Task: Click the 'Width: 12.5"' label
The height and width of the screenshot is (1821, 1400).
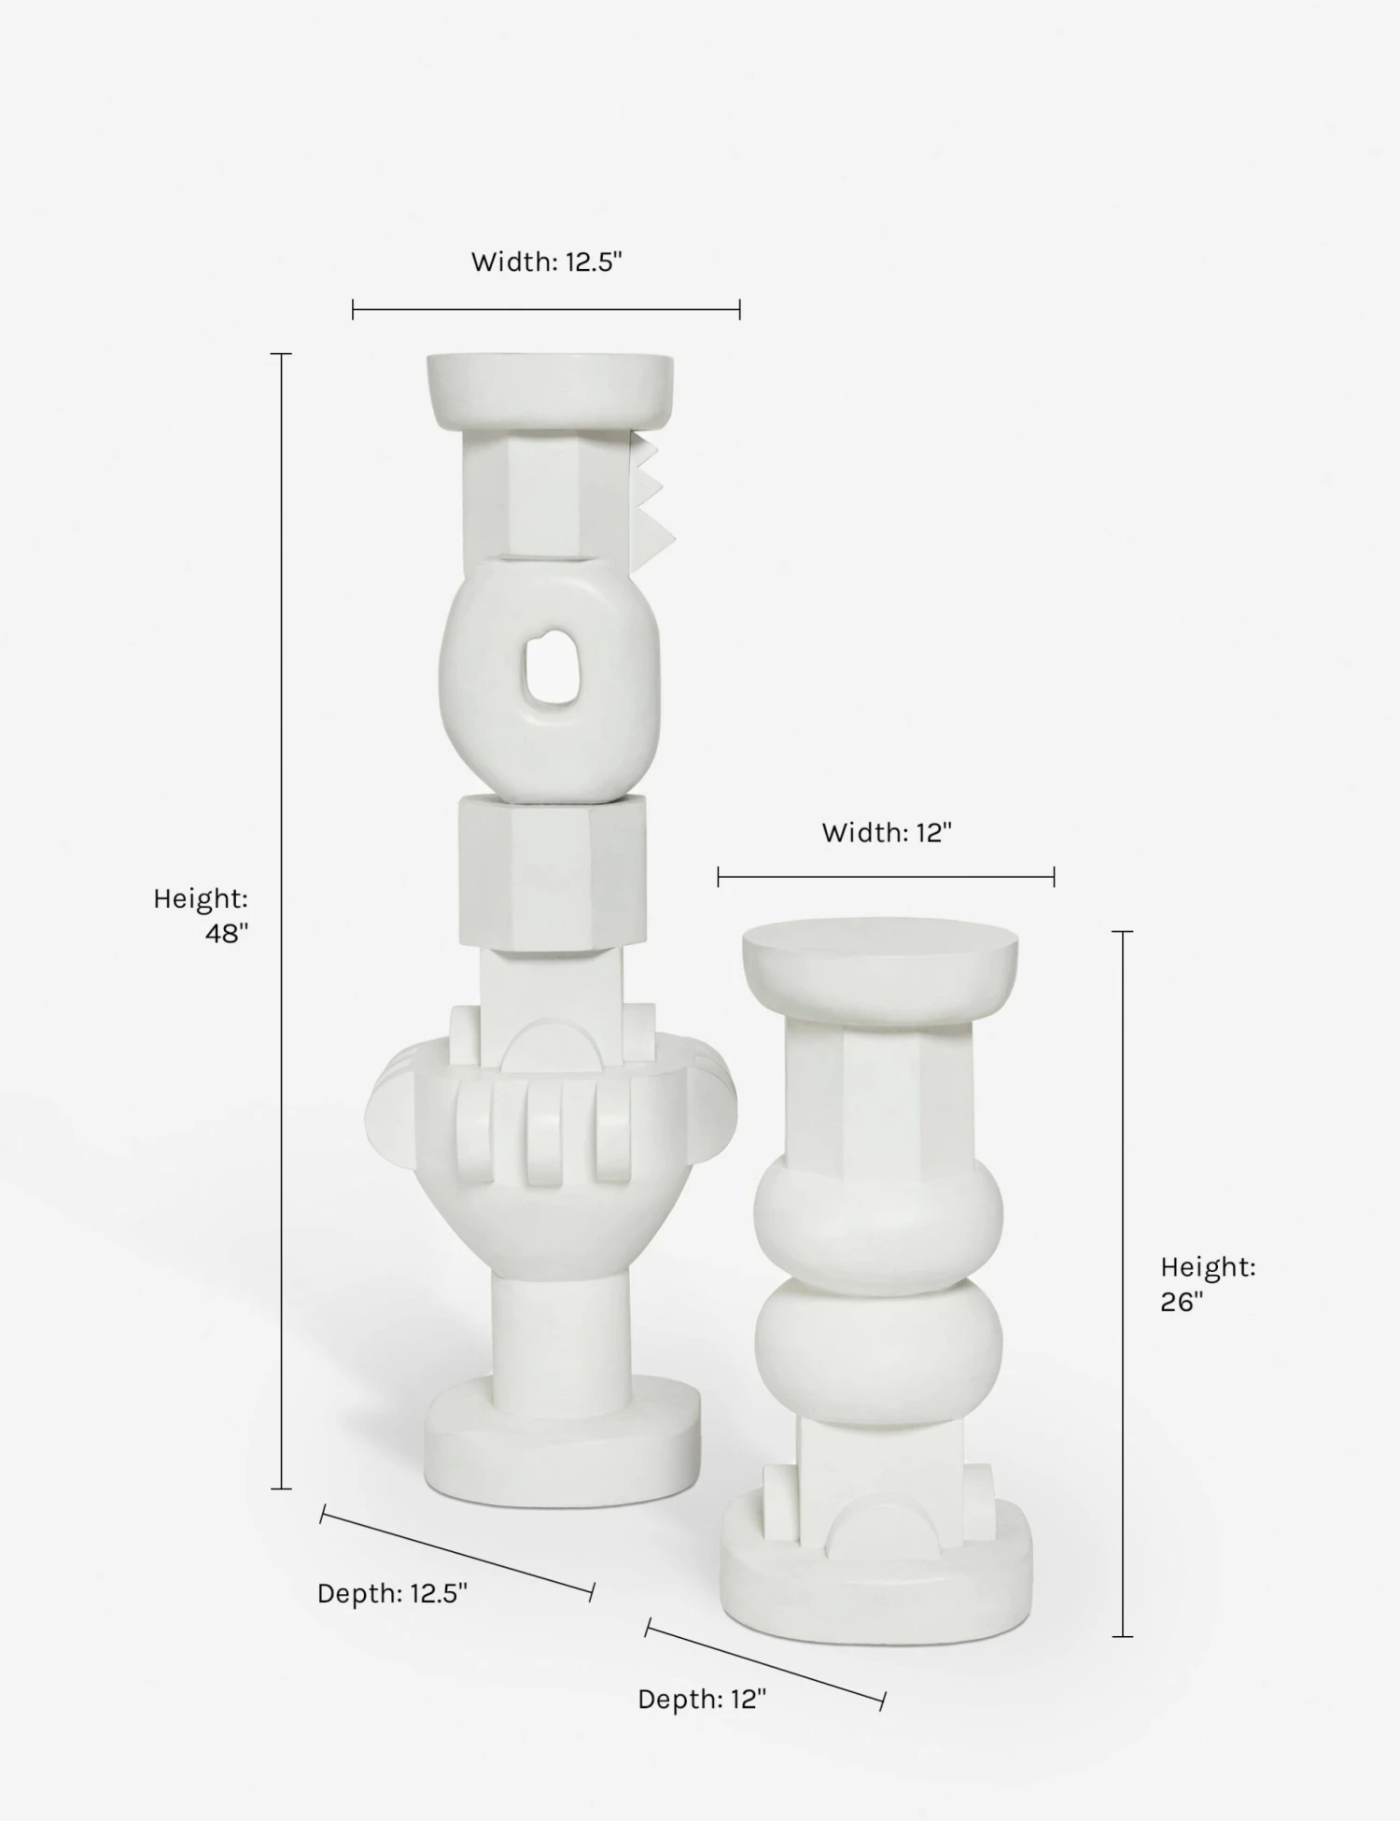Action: [546, 262]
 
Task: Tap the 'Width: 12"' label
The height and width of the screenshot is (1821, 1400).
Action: [886, 832]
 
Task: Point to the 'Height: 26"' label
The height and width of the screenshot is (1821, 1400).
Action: [1208, 1284]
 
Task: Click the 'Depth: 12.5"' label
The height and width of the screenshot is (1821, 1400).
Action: [392, 1593]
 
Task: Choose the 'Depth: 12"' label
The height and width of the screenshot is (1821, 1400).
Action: [702, 1700]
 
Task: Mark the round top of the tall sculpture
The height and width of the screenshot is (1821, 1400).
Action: [551, 388]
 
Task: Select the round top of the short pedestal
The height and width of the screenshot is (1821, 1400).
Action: [880, 967]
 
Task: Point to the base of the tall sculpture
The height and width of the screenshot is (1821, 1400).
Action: [562, 1447]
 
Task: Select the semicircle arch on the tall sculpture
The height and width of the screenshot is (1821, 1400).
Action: [551, 1046]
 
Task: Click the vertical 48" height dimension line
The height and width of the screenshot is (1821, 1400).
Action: [281, 920]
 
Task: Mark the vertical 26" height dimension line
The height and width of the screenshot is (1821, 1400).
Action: [1123, 1284]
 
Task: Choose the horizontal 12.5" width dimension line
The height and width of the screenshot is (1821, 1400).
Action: [546, 309]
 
